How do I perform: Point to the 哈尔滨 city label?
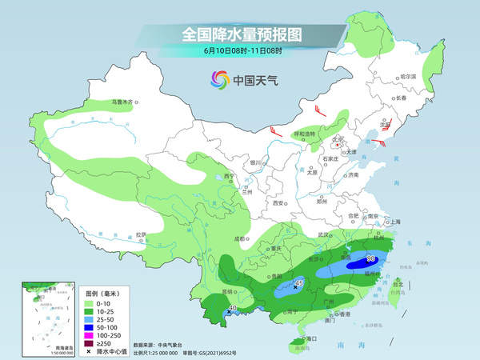coord(409,76)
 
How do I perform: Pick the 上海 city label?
coord(393,221)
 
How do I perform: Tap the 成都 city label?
coord(240,238)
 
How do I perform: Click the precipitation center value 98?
coord(371,258)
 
